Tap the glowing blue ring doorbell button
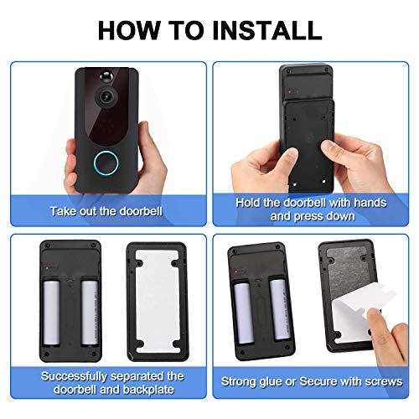pos(107,161)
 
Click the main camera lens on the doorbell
pos(106,97)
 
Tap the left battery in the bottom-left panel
pos(55,313)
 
